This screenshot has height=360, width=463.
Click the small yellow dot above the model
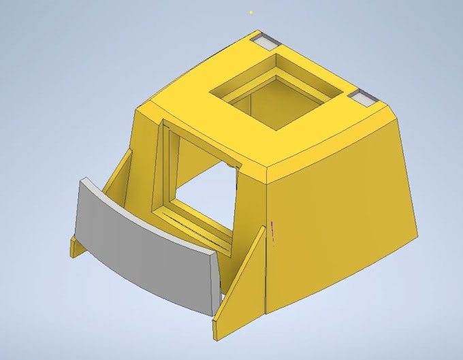click(251, 12)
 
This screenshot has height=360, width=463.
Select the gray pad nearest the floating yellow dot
click(266, 40)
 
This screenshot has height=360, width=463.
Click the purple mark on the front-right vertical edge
click(272, 231)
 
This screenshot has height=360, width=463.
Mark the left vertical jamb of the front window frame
click(161, 170)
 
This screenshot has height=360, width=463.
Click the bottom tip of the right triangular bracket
click(217, 333)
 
